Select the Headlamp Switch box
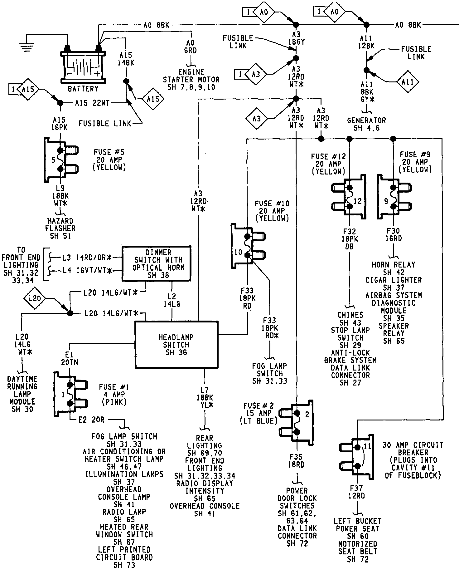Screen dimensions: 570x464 (x=176, y=345)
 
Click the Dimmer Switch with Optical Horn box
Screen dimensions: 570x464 (x=157, y=263)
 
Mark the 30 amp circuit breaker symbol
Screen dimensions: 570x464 (x=357, y=457)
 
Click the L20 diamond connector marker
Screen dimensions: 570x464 (x=34, y=298)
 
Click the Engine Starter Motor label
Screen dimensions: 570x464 (x=191, y=80)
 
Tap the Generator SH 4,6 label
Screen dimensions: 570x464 (x=366, y=124)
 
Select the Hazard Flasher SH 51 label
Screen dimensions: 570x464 (x=60, y=228)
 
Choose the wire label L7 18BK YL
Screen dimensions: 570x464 (x=205, y=397)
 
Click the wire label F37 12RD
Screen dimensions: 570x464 (x=357, y=492)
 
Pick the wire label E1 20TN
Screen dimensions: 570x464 (x=70, y=358)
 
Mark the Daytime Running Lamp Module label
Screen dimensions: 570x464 (x=22, y=394)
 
